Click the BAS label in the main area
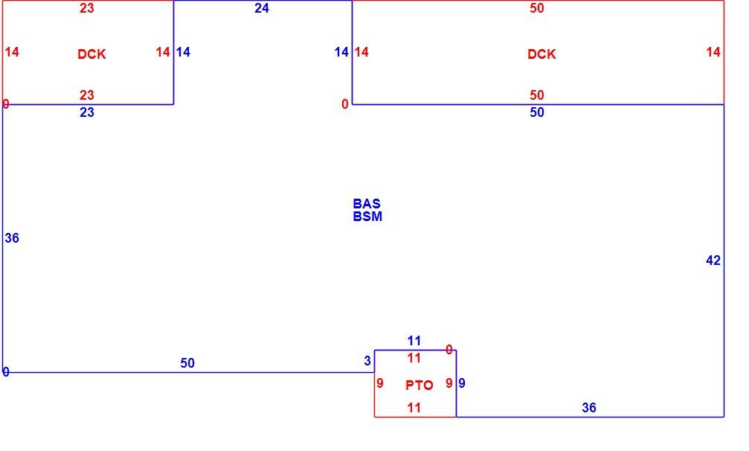(x=367, y=203)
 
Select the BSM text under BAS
(x=367, y=217)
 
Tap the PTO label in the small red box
(x=419, y=385)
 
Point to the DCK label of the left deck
(x=91, y=54)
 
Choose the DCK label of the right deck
(x=541, y=54)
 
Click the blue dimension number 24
(x=262, y=8)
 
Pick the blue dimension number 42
(x=713, y=260)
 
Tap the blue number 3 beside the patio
(x=367, y=361)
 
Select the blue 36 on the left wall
(x=12, y=238)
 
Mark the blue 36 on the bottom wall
(x=589, y=408)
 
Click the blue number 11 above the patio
(x=414, y=341)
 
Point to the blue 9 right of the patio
(x=462, y=383)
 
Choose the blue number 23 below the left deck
(x=87, y=112)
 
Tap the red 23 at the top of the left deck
(x=87, y=8)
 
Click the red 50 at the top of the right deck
(x=537, y=8)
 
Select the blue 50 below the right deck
(x=537, y=112)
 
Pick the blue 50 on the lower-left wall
(x=187, y=363)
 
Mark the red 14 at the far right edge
(x=713, y=52)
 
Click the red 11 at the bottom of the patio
(x=414, y=408)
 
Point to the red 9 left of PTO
(x=380, y=383)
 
